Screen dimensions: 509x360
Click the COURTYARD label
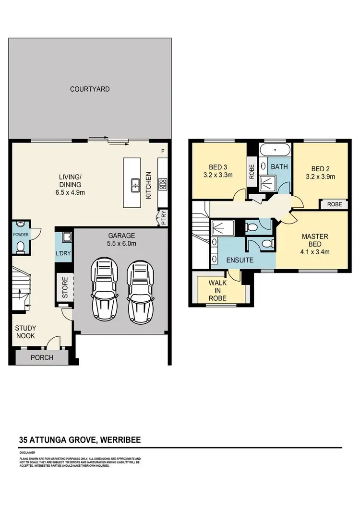pyautogui.click(x=90, y=89)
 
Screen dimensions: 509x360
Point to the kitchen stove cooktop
pyautogui.click(x=163, y=182)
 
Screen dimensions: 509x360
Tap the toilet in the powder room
pyautogui.click(x=21, y=247)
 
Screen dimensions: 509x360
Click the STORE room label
pyautogui.click(x=65, y=287)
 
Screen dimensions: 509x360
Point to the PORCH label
pyautogui.click(x=42, y=358)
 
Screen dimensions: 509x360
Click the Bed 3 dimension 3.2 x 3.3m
pyautogui.click(x=218, y=175)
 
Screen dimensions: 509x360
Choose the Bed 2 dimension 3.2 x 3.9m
pyautogui.click(x=320, y=177)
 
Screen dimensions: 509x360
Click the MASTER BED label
pyautogui.click(x=314, y=240)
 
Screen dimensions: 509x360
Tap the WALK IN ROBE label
pyautogui.click(x=217, y=290)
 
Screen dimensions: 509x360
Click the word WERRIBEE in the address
pyautogui.click(x=120, y=439)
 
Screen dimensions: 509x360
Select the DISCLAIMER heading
pyautogui.click(x=26, y=452)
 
